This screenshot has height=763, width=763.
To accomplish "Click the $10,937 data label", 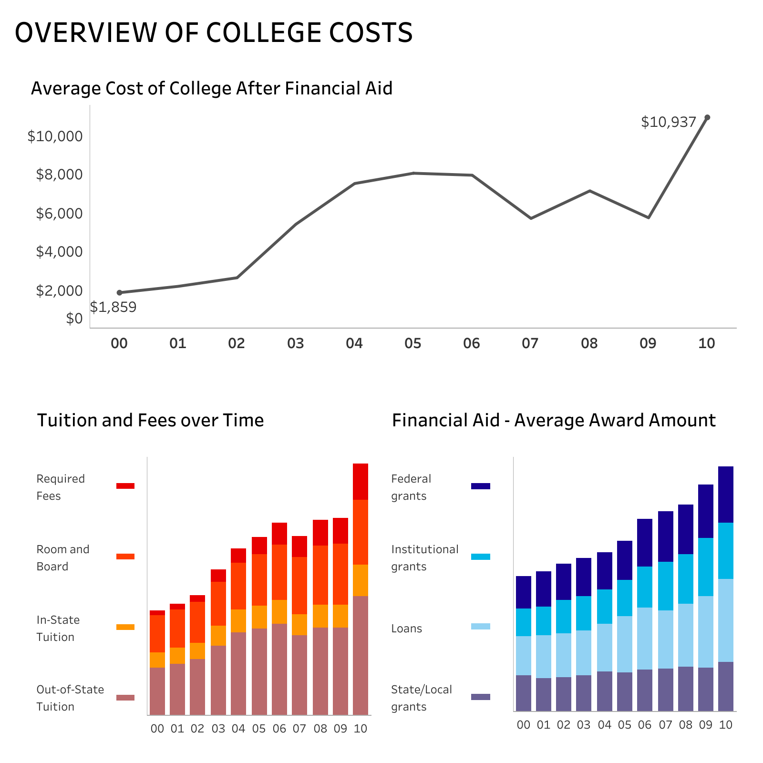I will (669, 123).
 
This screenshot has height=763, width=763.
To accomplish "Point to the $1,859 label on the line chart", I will (113, 307).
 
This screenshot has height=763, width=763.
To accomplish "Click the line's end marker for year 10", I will (707, 117).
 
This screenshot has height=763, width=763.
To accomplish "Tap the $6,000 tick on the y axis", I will (59, 213).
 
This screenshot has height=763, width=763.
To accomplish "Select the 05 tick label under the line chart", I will (413, 343).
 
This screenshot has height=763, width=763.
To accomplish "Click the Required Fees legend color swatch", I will (125, 486).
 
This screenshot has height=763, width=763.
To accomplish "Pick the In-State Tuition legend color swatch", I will (125, 627).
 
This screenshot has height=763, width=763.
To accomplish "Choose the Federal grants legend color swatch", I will (480, 486).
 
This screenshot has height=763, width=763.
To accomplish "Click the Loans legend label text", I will (406, 629).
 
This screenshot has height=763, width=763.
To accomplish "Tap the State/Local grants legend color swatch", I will (480, 697).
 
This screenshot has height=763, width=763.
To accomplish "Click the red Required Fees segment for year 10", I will (361, 482).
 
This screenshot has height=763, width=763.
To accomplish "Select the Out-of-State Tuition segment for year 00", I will (157, 691).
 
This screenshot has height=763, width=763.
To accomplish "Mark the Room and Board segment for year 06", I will (279, 572).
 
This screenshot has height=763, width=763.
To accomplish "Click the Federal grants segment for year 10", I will (726, 495).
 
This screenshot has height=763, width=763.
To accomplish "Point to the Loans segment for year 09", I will (706, 632).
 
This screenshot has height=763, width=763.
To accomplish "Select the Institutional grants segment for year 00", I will (524, 622).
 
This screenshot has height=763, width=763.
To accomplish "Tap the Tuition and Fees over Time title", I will (150, 420).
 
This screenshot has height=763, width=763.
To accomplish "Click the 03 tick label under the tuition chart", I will (218, 729).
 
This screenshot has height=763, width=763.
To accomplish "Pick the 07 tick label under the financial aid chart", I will (665, 725).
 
